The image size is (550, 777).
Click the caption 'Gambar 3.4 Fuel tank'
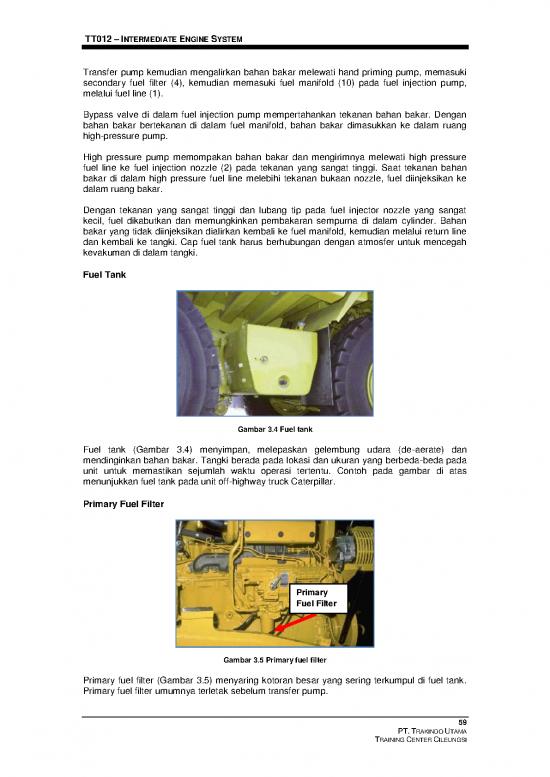click(275, 430)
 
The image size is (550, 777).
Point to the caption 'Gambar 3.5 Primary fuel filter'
click(275, 660)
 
